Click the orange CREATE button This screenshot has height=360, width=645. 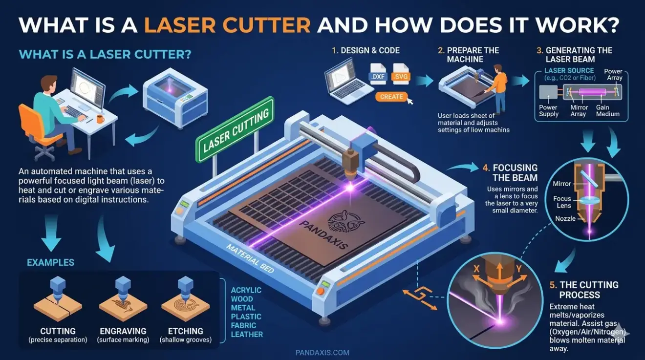click(391, 97)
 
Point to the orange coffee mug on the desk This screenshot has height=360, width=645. click(100, 119)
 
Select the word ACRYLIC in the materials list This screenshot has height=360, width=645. click(246, 290)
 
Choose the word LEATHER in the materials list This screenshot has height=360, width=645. click(247, 335)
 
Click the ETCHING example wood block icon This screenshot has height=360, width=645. click(186, 303)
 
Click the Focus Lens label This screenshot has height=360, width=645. click(562, 202)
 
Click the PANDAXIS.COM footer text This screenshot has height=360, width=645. click(322, 352)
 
